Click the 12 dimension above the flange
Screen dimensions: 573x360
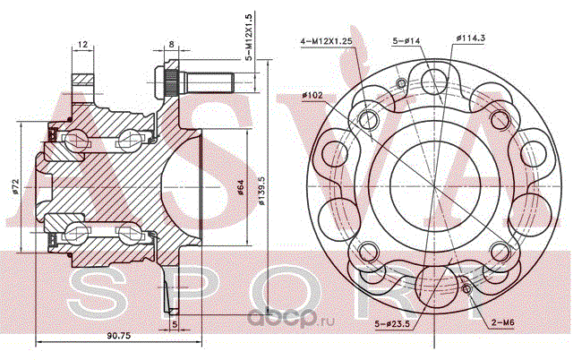(x=81, y=44)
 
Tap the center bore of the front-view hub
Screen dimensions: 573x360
(x=432, y=184)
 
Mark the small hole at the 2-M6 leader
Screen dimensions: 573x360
(x=466, y=288)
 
